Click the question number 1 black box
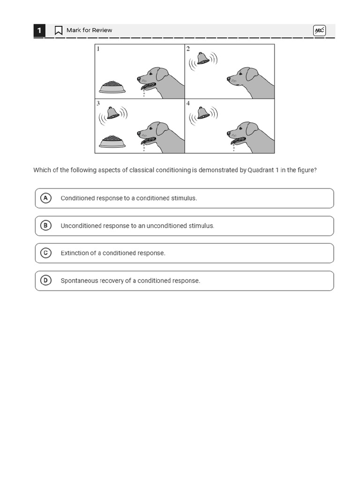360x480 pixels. click(x=39, y=30)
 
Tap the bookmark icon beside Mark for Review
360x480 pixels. click(x=59, y=30)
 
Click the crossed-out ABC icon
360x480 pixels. click(x=319, y=30)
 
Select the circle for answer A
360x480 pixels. click(x=45, y=198)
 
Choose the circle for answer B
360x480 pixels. click(x=45, y=225)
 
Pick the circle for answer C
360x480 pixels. click(x=45, y=253)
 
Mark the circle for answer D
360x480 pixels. click(x=45, y=281)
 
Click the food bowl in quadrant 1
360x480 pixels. click(x=112, y=87)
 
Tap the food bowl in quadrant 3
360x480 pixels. click(x=112, y=142)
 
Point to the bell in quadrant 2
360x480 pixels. click(x=203, y=59)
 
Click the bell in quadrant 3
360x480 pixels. click(x=112, y=113)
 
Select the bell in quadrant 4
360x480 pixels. click(x=203, y=113)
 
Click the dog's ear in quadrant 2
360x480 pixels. click(x=252, y=74)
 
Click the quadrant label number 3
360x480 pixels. click(x=98, y=103)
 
